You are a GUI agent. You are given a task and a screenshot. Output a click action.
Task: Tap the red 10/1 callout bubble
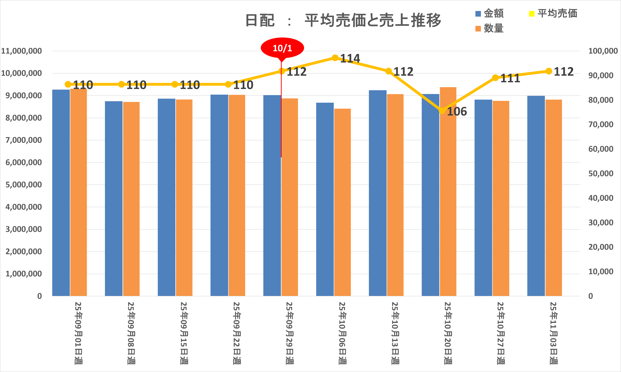[282, 48]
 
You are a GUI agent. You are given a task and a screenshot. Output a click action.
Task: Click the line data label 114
[350, 58]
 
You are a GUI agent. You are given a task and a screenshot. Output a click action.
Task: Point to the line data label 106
[457, 112]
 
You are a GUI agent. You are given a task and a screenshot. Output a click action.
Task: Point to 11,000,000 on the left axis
[22, 51]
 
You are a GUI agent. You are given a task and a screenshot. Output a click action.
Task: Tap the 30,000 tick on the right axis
[601, 223]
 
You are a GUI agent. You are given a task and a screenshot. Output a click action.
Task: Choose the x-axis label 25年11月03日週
[554, 333]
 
